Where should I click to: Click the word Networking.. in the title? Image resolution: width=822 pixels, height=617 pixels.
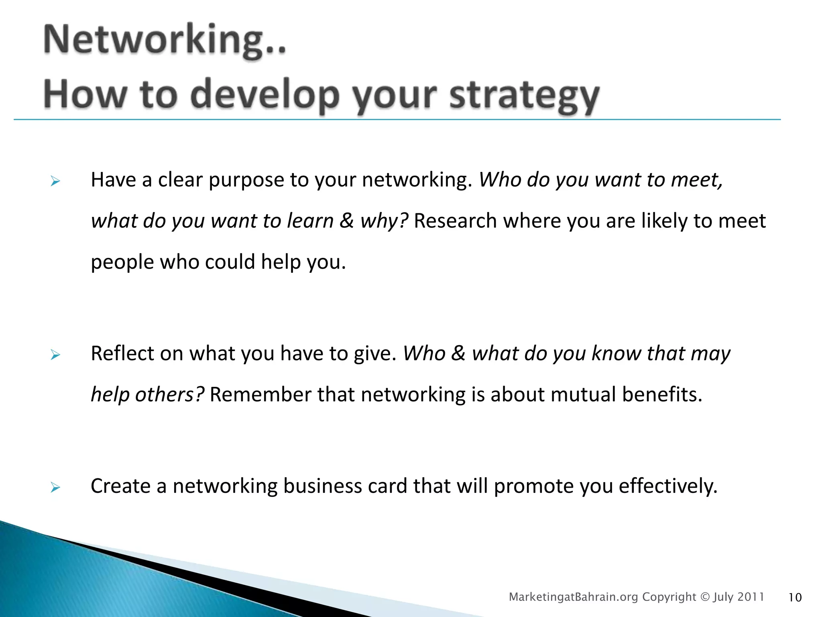(x=165, y=40)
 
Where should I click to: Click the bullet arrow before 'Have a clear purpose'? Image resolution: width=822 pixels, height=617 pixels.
(x=55, y=182)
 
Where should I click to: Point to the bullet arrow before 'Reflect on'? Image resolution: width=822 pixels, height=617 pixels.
(x=55, y=355)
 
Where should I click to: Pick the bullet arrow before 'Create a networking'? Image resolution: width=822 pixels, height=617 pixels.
(x=55, y=488)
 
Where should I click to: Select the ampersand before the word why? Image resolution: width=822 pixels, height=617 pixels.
(x=346, y=221)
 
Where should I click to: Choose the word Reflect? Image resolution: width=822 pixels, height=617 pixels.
(x=122, y=353)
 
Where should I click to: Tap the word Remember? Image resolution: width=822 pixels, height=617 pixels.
(x=260, y=394)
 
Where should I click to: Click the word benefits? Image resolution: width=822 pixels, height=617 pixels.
(x=662, y=394)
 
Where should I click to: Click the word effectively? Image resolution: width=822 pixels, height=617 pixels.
(x=668, y=486)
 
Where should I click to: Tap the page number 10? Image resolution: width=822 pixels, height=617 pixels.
(x=795, y=598)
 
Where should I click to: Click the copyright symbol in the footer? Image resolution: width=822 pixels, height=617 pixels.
(x=705, y=597)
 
